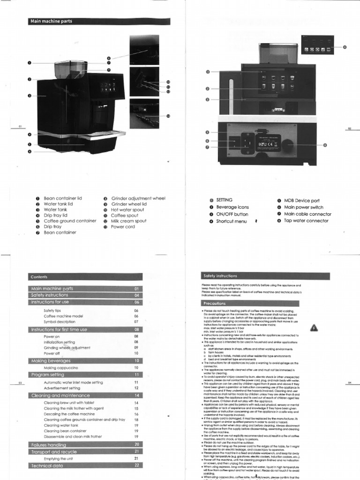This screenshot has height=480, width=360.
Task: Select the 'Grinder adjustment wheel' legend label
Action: click(x=138, y=199)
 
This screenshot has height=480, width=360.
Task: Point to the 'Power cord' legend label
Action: click(x=123, y=227)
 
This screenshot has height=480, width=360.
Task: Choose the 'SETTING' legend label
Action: click(x=224, y=200)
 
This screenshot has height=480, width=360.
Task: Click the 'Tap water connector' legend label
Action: click(x=306, y=221)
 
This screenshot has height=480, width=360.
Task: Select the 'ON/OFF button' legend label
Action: click(x=232, y=214)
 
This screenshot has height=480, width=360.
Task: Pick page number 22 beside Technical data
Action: click(x=137, y=465)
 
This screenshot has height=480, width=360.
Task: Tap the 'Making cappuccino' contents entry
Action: click(x=63, y=368)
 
